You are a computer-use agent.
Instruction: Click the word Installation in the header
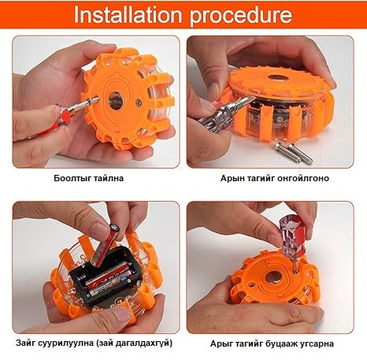pyautogui.click(x=128, y=15)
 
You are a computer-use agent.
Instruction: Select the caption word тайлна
pyautogui.click(x=107, y=178)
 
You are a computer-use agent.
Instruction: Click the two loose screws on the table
pyautogui.click(x=294, y=152)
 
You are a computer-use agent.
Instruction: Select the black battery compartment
pyautogui.click(x=103, y=277)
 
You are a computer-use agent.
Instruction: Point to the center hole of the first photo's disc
pyautogui.click(x=115, y=100)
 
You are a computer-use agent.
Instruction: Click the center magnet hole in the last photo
pyautogui.click(x=272, y=278)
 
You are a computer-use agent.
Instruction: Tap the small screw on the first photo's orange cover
pyautogui.click(x=139, y=101)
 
